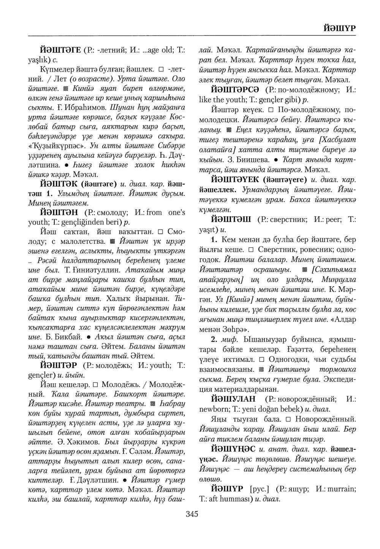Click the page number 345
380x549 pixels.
point(192,514)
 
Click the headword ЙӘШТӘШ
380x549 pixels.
point(232,219)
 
